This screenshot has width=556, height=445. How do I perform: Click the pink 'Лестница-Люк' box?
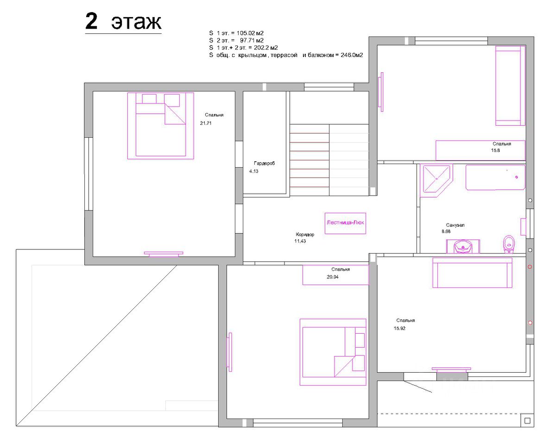(345, 223)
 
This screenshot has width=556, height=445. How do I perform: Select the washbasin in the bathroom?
(463, 246)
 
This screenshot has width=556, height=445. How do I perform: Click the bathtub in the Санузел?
(496, 178)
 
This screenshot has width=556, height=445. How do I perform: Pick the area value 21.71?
(206, 123)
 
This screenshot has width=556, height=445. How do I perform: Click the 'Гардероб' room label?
(264, 164)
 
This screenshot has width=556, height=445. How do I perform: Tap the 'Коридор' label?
(305, 235)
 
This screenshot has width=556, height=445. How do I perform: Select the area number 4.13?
(254, 171)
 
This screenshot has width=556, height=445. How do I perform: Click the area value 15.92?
(399, 328)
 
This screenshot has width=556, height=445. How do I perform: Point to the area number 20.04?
(333, 277)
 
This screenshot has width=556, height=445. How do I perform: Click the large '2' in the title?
(91, 21)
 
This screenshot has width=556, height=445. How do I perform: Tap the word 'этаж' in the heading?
(136, 23)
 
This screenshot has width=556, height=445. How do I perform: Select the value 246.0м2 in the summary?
(352, 55)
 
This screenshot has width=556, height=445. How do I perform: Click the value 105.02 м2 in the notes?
(250, 33)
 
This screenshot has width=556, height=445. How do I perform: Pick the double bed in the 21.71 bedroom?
(161, 126)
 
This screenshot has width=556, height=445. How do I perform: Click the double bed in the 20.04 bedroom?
(333, 352)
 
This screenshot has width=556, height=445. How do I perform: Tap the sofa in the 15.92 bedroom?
(472, 273)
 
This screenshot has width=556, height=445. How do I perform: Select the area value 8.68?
(446, 231)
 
